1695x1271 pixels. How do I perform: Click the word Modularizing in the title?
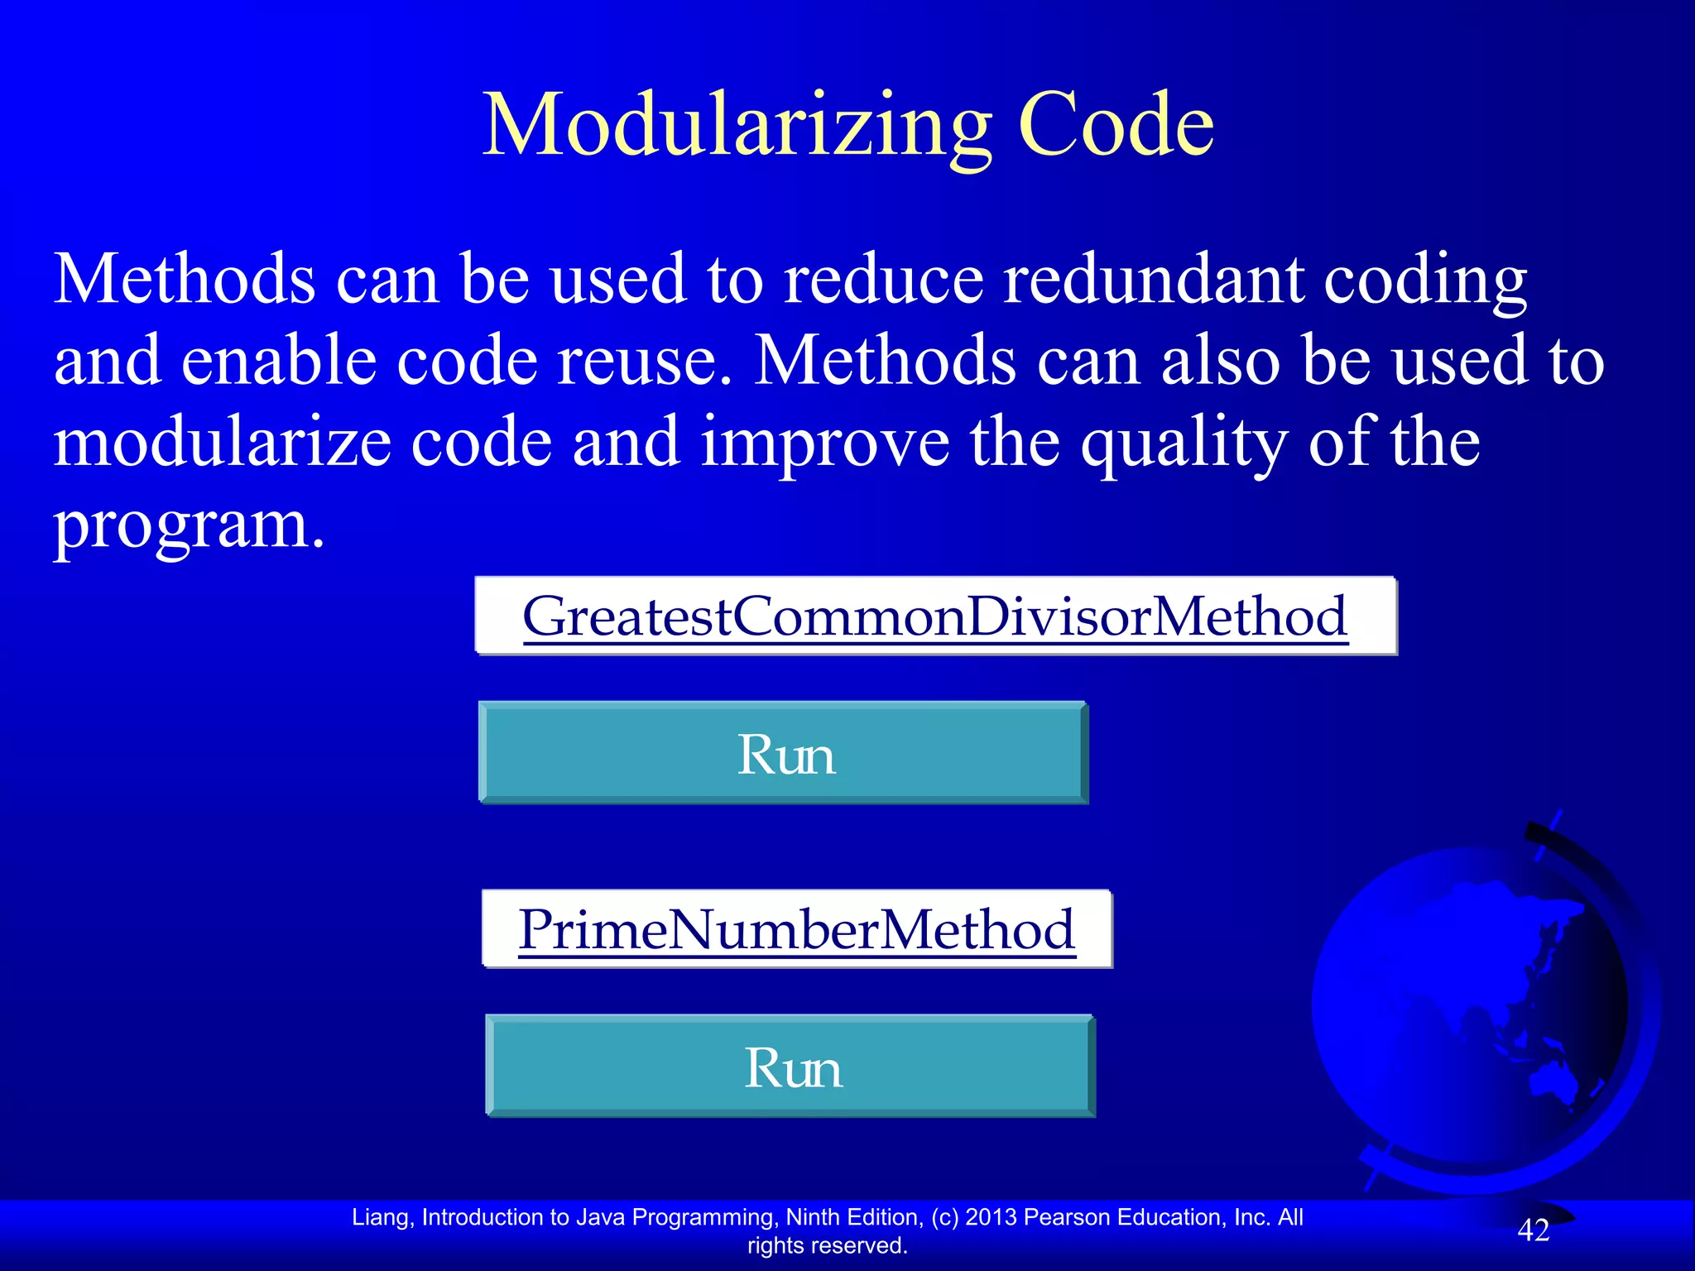[737, 126]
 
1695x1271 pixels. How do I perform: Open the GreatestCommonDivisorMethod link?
[935, 616]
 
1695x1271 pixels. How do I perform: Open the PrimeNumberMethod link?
[796, 929]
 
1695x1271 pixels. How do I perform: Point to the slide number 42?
[1533, 1230]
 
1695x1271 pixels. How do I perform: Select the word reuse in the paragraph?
[637, 362]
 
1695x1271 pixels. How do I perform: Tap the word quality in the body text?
[1184, 443]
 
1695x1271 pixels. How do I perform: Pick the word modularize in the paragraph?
[222, 443]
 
